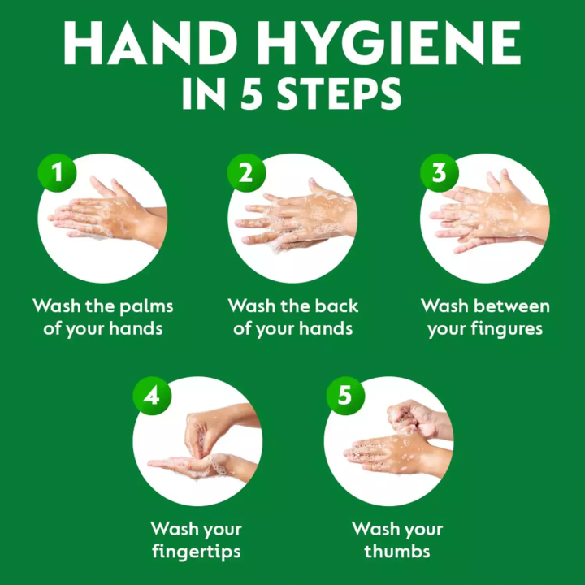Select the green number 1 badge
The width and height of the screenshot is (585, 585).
(x=57, y=172)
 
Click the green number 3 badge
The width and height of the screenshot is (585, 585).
(x=439, y=172)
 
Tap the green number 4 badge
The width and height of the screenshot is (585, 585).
(x=152, y=396)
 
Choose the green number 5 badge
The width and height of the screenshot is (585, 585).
(x=344, y=396)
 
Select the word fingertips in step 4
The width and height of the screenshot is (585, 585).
(x=196, y=552)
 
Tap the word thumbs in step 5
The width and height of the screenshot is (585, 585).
(x=396, y=552)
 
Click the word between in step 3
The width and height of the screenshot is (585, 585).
(x=512, y=306)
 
